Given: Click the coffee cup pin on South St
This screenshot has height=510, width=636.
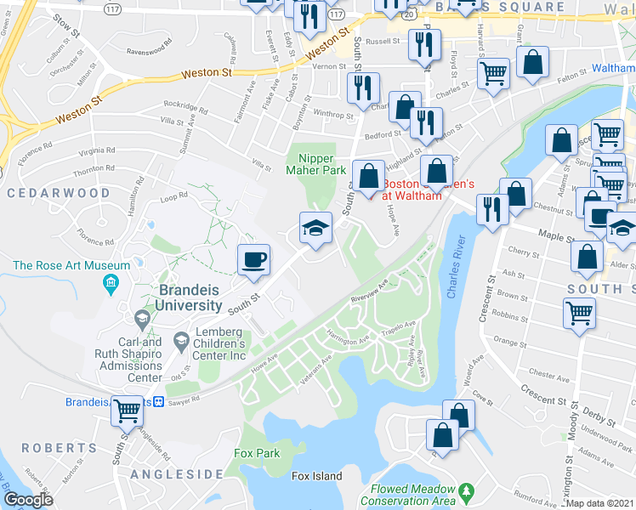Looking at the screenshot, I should (x=253, y=259).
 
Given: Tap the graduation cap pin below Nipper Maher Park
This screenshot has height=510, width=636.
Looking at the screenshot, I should (x=315, y=228).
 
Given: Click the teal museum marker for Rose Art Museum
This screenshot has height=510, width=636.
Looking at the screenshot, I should (x=110, y=282).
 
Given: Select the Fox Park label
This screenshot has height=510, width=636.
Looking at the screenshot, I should (x=257, y=453).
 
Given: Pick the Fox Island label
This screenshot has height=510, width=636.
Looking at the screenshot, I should (x=316, y=476).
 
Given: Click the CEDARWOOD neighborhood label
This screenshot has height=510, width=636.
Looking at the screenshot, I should (x=59, y=193).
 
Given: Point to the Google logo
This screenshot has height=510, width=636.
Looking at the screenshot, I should (x=28, y=500).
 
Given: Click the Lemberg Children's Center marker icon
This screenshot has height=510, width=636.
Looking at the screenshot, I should (x=181, y=342).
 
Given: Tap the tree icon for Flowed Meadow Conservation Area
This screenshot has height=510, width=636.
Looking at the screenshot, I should (x=466, y=491).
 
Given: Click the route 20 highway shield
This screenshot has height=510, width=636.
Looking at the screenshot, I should (x=411, y=14).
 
